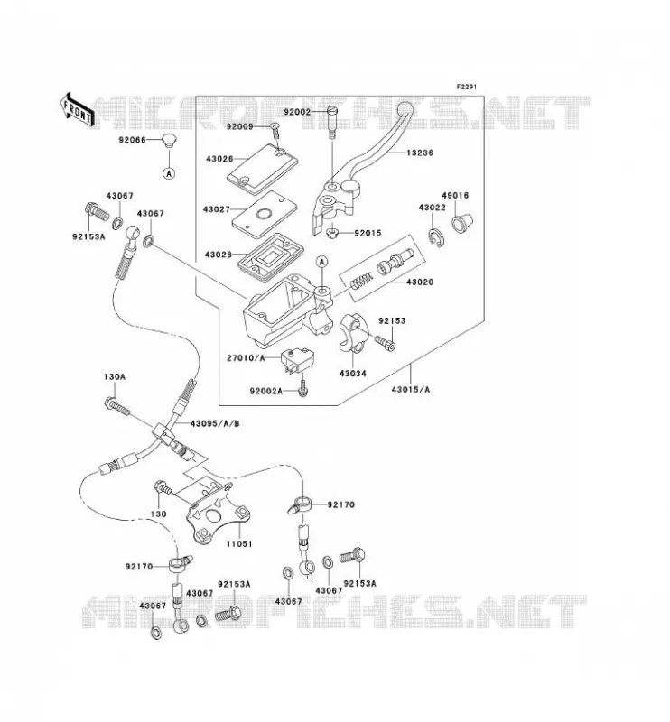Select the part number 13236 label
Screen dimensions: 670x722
pos(419,153)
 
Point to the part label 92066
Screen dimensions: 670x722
pos(132,140)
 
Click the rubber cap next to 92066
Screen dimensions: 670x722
pos(170,140)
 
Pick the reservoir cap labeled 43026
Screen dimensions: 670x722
pos(263,169)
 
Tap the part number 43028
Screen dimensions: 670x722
pos(218,255)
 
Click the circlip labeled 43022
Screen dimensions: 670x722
pos(438,236)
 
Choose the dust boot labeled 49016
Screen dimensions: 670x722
pos(461,222)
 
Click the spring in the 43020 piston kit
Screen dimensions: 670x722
pos(361,281)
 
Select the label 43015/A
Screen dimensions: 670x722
pos(411,390)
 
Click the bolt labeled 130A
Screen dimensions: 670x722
pos(117,404)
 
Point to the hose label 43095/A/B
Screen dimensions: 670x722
pos(215,423)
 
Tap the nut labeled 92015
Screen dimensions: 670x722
pos(331,234)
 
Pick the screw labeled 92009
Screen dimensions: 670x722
pos(275,130)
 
